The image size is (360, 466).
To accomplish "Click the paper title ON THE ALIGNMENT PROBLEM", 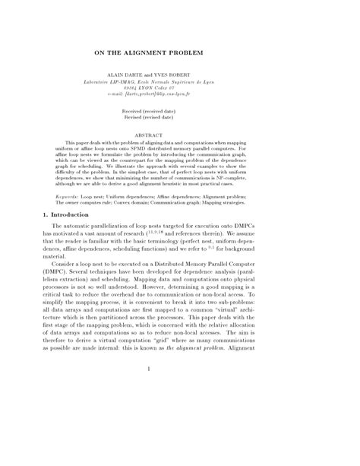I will [x=180, y=55].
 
